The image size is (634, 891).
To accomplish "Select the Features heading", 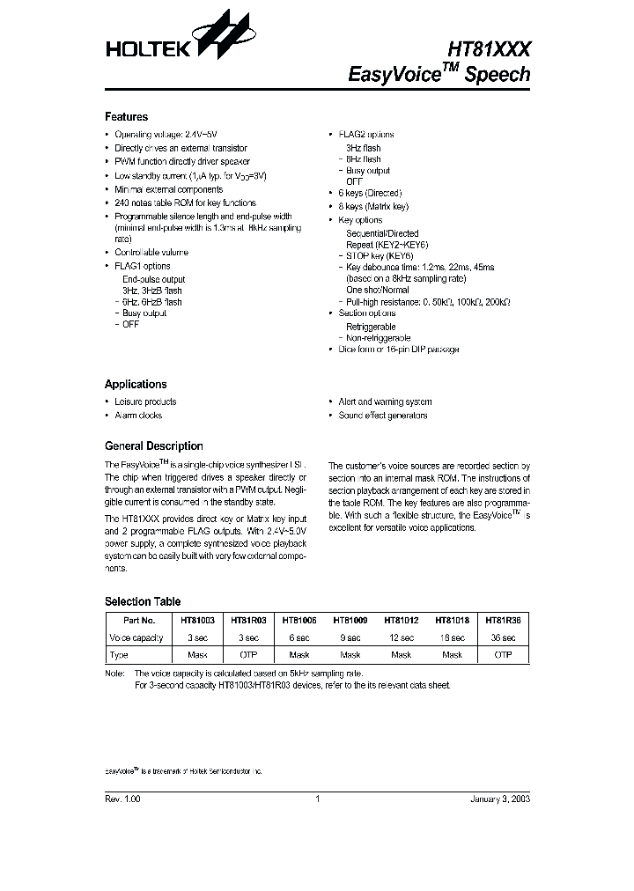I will coord(126,117).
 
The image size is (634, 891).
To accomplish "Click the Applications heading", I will coord(135,385).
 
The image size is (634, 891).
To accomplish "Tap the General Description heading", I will coord(153,446).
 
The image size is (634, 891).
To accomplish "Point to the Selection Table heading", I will coord(142,602).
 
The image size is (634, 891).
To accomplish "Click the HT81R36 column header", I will coord(504,621).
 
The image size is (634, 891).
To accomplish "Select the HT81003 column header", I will coord(198,621).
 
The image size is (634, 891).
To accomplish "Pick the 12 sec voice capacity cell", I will coord(401,638).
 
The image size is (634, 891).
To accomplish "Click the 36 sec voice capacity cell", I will coord(504,638).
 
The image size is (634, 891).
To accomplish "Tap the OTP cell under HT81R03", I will coord(248,655).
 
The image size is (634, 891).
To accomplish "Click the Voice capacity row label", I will coord(136,638).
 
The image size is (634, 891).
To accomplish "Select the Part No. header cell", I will coord(136,621).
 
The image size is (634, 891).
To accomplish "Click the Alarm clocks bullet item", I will coord(138,416).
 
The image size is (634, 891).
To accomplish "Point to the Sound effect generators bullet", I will coord(382,416).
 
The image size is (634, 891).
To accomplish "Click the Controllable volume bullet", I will coord(151,253).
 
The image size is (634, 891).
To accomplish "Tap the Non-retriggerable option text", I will coord(378,338).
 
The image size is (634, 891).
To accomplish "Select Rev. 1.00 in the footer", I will coord(122,799).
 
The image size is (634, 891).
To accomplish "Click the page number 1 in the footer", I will coord(316,799).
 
